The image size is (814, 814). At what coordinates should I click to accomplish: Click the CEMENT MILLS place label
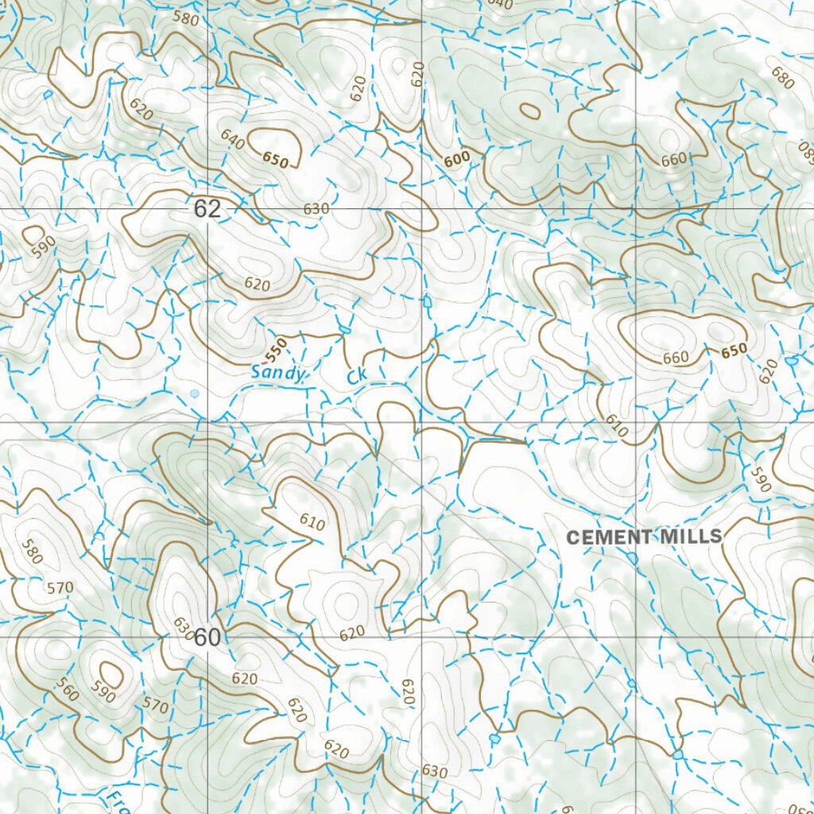pyautogui.click(x=644, y=537)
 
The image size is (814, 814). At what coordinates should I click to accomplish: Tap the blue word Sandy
pyautogui.click(x=277, y=372)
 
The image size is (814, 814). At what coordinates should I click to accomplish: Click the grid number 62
pyautogui.click(x=207, y=209)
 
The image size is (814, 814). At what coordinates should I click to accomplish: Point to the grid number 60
pyautogui.click(x=207, y=638)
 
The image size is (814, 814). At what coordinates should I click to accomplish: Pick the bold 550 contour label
pyautogui.click(x=276, y=348)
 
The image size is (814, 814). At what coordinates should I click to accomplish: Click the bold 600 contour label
pyautogui.click(x=457, y=160)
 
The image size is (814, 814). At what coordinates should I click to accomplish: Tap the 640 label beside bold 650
pyautogui.click(x=233, y=141)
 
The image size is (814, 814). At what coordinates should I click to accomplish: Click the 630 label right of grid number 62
pyautogui.click(x=316, y=209)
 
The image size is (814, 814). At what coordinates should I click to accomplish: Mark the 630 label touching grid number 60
pyautogui.click(x=183, y=628)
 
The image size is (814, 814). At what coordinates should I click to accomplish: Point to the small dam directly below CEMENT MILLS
pyautogui.click(x=632, y=559)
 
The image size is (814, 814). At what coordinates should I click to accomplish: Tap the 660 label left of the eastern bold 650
pyautogui.click(x=675, y=358)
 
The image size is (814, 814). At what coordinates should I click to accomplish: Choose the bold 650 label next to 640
pyautogui.click(x=276, y=159)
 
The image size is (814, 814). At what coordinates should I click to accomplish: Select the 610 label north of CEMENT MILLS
pyautogui.click(x=617, y=426)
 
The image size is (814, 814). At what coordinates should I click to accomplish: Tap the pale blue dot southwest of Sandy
pyautogui.click(x=195, y=393)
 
